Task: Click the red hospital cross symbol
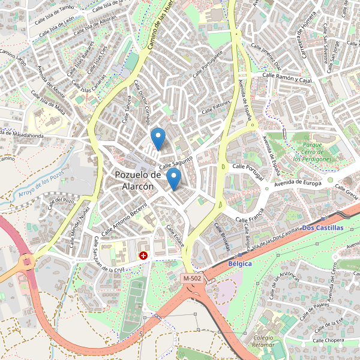pyautogui.click(x=144, y=256)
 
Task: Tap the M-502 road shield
pyautogui.click(x=193, y=278)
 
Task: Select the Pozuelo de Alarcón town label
pyautogui.click(x=137, y=180)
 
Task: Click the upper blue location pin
pyautogui.click(x=158, y=139)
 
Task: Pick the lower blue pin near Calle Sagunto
pyautogui.click(x=173, y=178)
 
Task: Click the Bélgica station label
pyautogui.click(x=239, y=263)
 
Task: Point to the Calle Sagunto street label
pyautogui.click(x=175, y=163)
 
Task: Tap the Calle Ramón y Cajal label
pyautogui.click(x=288, y=77)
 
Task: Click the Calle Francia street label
pyautogui.click(x=251, y=215)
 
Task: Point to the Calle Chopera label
pyautogui.click(x=328, y=340)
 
